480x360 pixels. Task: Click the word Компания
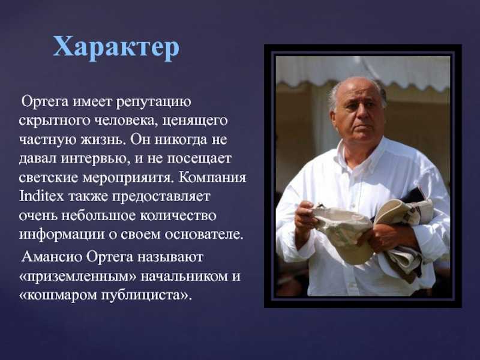212,178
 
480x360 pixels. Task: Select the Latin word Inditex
41,196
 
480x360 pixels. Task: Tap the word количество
178,215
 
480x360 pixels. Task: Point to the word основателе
204,235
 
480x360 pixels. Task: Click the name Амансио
52,257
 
